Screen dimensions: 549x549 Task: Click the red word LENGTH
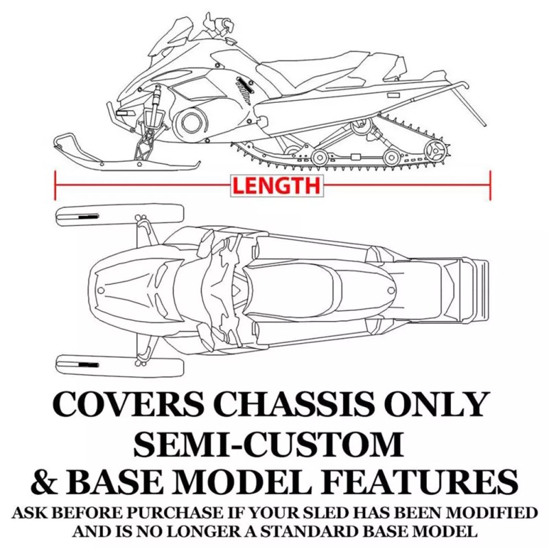tap(274, 185)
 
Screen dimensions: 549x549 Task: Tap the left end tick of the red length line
tap(55, 185)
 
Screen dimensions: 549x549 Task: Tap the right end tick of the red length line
tap(491, 185)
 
